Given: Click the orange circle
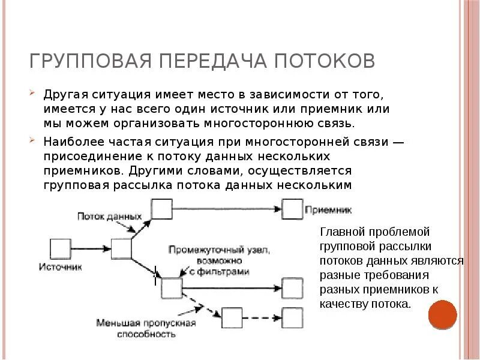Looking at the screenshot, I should (x=443, y=315).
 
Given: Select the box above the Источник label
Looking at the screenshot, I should (x=59, y=248).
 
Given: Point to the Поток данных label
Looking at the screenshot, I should (x=109, y=216).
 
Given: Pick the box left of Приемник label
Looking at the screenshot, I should (x=292, y=209).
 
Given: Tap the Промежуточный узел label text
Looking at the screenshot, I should (x=219, y=250).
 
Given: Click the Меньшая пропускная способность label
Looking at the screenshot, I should (x=146, y=328).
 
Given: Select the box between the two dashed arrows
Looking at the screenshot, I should (x=231, y=316).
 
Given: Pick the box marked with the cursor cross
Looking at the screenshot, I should (x=171, y=288).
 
